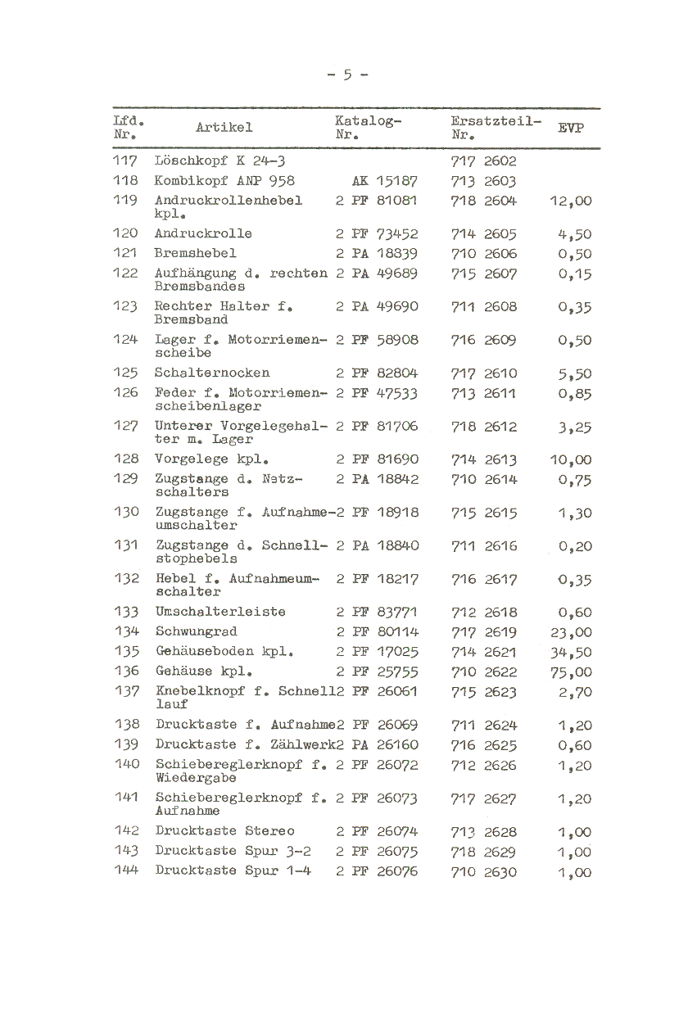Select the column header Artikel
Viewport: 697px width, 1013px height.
click(224, 127)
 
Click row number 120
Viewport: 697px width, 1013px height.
click(125, 233)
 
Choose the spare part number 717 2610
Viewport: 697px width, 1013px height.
click(484, 373)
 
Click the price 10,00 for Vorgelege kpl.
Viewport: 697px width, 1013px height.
click(570, 460)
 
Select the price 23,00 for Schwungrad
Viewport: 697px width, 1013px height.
click(570, 632)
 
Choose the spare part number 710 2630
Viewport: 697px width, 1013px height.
click(484, 872)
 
